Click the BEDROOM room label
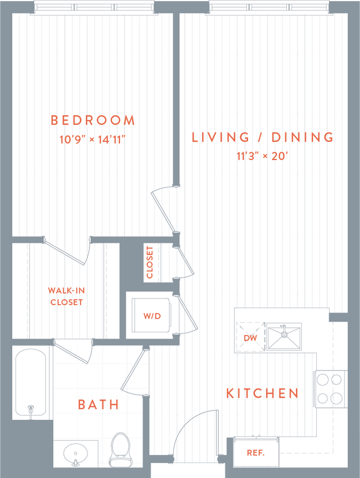coord(92,120)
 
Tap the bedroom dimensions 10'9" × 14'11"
coord(93,140)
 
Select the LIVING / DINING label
coord(263,137)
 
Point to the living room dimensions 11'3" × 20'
coord(263,156)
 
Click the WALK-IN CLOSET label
coord(66,296)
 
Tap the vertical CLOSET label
coord(150,261)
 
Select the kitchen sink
coord(284,337)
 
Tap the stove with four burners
coord(330,388)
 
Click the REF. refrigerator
coord(255,453)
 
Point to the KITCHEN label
coord(263,394)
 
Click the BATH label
coord(99,405)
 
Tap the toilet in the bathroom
coord(120,449)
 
